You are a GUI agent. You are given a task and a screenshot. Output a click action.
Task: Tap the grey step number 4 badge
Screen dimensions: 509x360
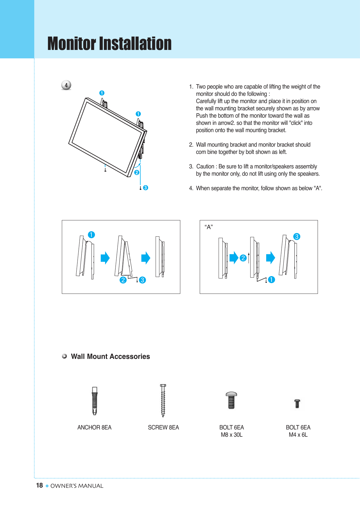pos(66,85)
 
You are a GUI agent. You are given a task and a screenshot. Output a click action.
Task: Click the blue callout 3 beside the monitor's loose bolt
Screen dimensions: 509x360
pos(146,188)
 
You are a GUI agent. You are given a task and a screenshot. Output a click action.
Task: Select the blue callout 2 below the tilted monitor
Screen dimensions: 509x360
pos(137,172)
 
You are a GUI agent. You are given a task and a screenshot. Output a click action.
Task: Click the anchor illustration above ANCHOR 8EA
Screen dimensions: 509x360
pos(95,401)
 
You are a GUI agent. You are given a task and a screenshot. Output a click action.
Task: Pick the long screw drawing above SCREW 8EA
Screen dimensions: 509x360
pos(163,401)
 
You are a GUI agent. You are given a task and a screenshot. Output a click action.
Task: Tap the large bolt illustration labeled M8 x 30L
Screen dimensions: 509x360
pos(231,400)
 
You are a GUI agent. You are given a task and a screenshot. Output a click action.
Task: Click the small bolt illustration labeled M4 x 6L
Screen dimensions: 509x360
pos(297,403)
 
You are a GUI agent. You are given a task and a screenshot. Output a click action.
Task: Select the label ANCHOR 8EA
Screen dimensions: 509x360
pos(94,427)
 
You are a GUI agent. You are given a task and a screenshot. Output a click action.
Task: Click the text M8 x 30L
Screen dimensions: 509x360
pos(231,435)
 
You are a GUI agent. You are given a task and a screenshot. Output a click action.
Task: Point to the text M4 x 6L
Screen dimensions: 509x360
pos(298,435)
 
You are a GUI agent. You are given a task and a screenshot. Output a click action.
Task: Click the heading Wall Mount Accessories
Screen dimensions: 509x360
pos(110,357)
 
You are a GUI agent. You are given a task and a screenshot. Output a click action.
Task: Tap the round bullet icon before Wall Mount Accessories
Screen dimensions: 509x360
pos(64,356)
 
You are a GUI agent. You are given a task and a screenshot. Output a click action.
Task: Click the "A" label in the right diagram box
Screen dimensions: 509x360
pos(208,227)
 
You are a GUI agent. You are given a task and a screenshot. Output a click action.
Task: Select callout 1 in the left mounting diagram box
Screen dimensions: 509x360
pos(91,235)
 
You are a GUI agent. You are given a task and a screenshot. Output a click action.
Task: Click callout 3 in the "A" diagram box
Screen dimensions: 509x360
pos(296,236)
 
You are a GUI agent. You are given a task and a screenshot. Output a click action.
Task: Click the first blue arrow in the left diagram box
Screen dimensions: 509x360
pos(105,258)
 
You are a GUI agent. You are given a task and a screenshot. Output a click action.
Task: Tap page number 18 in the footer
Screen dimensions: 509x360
pos(39,485)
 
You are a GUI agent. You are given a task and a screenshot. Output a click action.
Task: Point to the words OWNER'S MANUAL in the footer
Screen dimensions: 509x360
pos(77,486)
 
